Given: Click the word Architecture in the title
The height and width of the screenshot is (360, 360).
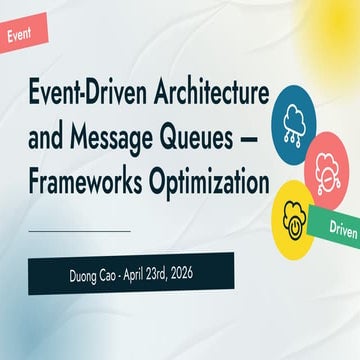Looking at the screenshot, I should pos(206,98).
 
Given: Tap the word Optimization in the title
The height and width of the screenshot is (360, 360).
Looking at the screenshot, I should pos(211,183).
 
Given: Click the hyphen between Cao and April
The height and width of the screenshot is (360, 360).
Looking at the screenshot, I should pos(113,274).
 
